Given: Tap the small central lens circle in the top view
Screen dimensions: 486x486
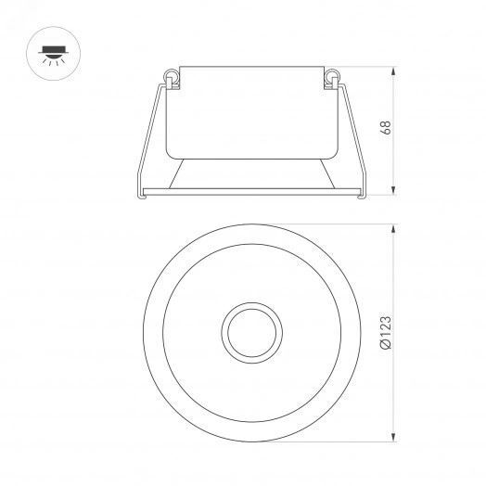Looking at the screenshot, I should coord(249,330).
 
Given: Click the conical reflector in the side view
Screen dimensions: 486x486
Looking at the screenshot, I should coord(249,171).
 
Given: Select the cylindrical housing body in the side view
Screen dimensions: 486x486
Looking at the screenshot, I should coord(249,111).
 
